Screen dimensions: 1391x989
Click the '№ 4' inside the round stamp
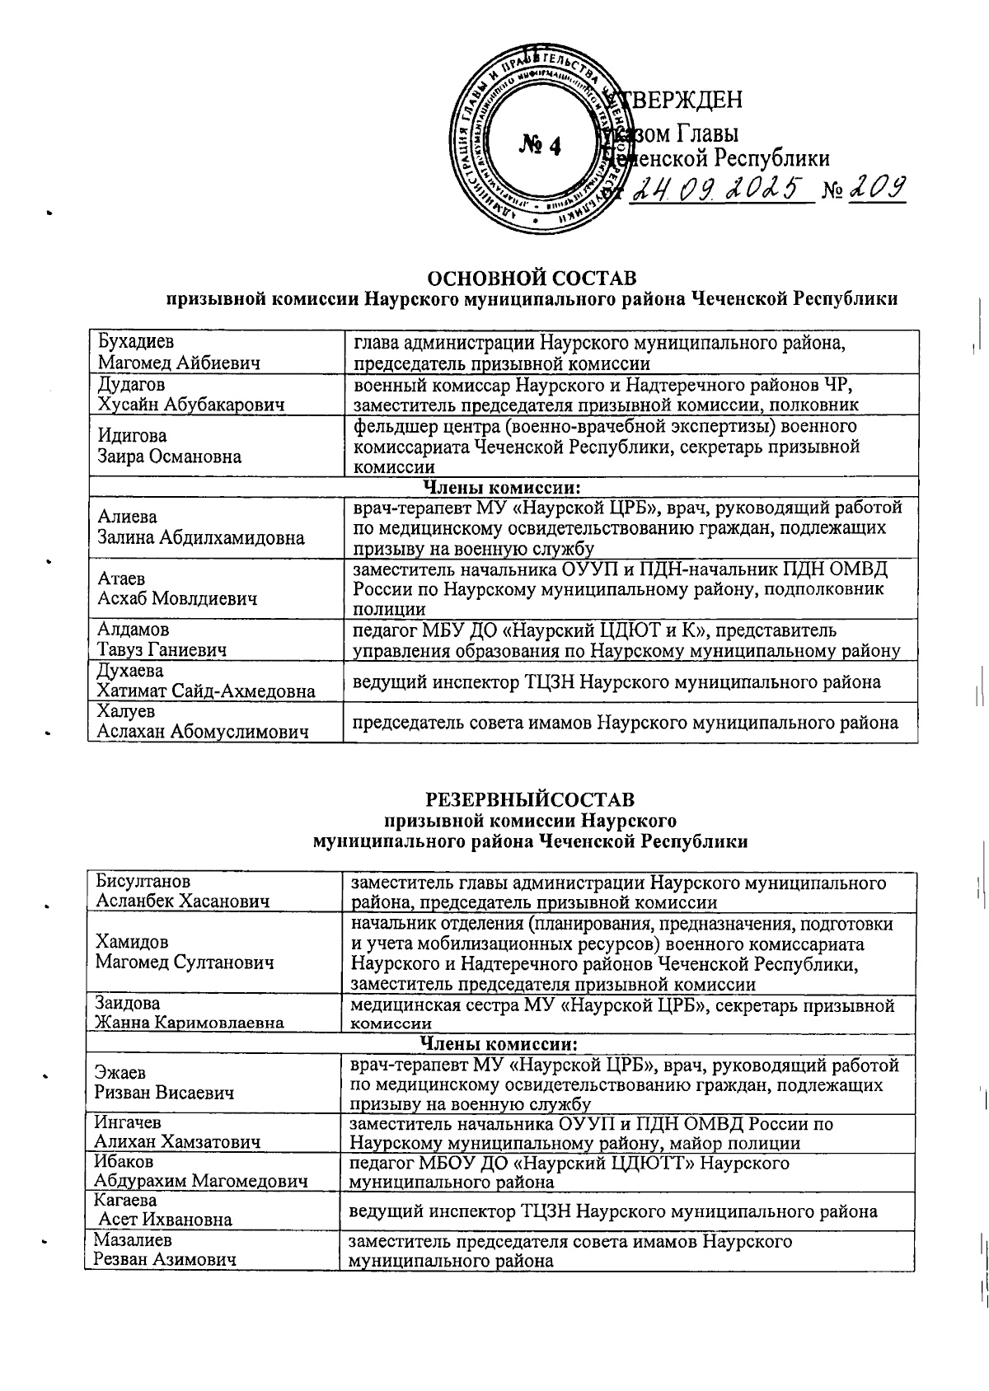pos(540,146)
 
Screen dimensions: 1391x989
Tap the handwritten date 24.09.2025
pos(715,190)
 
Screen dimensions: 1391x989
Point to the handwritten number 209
pos(876,190)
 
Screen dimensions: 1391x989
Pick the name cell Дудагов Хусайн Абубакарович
pos(191,394)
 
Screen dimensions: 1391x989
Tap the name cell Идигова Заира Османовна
pos(169,446)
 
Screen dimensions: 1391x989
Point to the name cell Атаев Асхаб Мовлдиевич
pos(177,588)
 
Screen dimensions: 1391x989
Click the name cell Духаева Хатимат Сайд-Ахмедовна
pos(206,681)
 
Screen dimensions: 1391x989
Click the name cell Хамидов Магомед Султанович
pos(185,952)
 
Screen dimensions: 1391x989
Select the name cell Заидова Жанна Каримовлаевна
pos(190,1013)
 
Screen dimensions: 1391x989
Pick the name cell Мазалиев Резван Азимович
pos(165,1249)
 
